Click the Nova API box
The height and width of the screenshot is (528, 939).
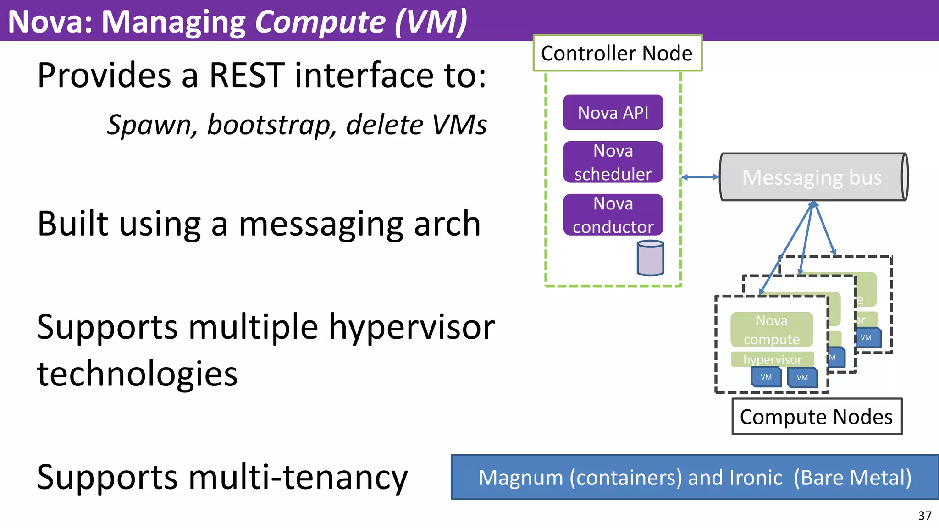[x=613, y=112]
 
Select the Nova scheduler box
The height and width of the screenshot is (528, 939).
[x=613, y=162]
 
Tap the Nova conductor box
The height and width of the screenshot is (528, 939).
[x=613, y=215]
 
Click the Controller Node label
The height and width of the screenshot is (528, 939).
[x=617, y=53]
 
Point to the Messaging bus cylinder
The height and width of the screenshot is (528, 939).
[x=812, y=177]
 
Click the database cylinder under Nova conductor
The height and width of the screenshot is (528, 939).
[x=650, y=258]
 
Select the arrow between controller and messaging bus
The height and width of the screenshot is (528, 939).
[x=700, y=177]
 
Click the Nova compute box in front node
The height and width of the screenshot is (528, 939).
[x=772, y=330]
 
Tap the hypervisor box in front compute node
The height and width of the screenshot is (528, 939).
[x=773, y=359]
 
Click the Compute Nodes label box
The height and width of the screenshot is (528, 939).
[x=817, y=417]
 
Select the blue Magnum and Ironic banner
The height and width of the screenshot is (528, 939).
[x=695, y=477]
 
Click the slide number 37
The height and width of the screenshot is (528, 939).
[x=925, y=516]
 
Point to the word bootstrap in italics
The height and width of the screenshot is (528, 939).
[x=271, y=125]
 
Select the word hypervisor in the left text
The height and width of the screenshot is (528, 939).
[x=412, y=327]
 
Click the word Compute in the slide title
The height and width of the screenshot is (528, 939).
[x=320, y=22]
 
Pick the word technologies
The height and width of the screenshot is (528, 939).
[x=138, y=374]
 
